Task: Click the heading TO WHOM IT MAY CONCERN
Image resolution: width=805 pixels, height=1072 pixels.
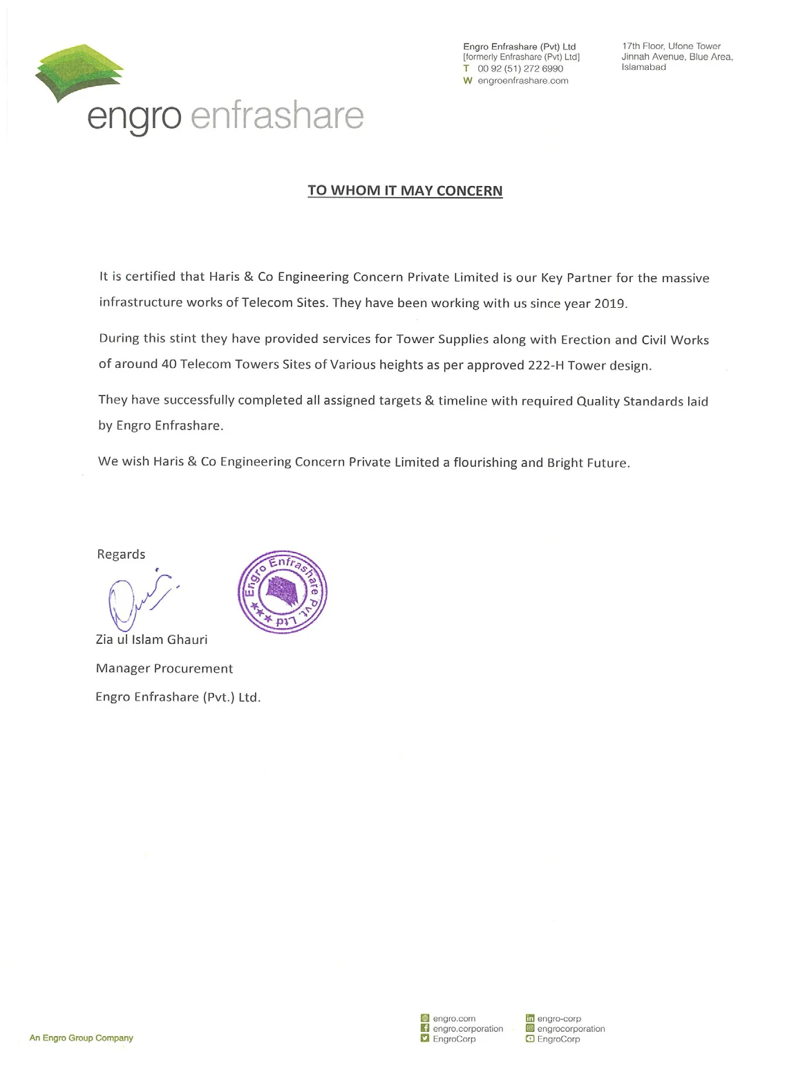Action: point(405,191)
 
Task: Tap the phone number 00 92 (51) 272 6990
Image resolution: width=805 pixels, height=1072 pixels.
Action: point(520,68)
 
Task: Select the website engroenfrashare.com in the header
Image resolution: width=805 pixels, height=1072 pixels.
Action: point(522,80)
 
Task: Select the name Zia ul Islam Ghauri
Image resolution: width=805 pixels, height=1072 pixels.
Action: point(151,639)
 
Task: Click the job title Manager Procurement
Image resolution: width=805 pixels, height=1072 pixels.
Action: point(164,668)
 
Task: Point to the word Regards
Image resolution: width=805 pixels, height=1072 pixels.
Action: point(121,554)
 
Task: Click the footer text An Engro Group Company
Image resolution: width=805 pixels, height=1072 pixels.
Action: point(81,1037)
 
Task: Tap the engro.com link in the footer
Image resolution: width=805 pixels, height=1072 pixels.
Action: point(454,1018)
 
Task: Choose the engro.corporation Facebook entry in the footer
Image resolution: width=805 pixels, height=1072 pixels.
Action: point(468,1028)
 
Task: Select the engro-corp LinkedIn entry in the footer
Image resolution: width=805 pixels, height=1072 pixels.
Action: point(559,1018)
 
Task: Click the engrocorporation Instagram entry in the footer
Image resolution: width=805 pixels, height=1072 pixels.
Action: point(571,1028)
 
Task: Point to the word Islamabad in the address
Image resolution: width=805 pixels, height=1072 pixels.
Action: point(643,67)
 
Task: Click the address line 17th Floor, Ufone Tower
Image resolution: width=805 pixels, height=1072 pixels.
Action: point(671,46)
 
